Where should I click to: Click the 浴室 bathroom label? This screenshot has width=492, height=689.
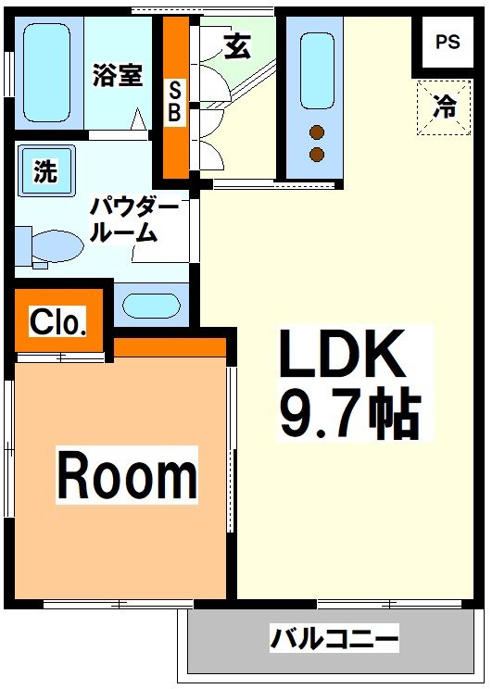coord(118,75)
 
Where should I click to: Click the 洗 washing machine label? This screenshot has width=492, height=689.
coord(44,170)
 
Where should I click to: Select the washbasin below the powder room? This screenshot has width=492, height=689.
coord(150,306)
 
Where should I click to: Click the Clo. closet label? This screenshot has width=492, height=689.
coord(58,322)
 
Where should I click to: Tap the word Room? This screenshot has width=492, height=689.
coord(127,475)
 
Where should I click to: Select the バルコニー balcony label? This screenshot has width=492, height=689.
coord(334,638)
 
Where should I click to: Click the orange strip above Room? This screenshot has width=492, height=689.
coord(170,346)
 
